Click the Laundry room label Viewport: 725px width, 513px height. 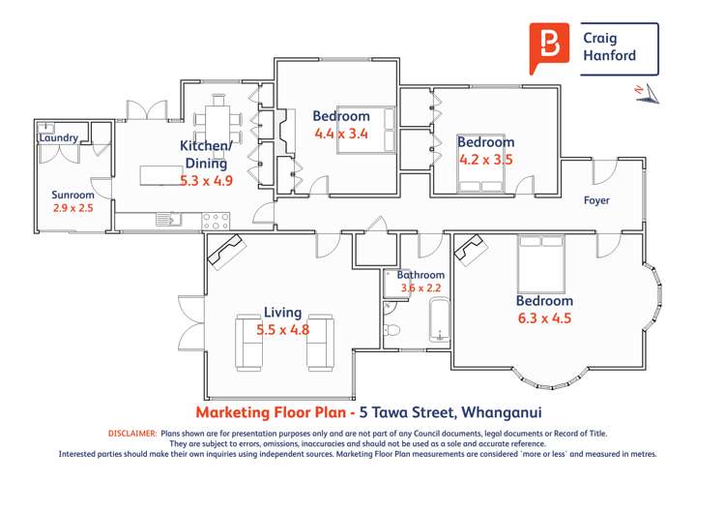click(58, 138)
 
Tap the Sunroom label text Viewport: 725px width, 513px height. click(72, 195)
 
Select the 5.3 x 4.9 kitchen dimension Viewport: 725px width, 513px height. click(206, 180)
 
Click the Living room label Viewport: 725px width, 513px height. click(282, 313)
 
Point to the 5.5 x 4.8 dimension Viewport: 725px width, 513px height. click(282, 330)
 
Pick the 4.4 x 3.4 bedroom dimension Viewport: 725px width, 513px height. click(341, 135)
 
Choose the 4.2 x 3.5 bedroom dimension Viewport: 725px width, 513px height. click(485, 160)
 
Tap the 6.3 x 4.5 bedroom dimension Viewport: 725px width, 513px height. click(544, 318)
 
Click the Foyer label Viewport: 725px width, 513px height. click(596, 201)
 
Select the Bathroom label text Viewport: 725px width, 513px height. click(420, 275)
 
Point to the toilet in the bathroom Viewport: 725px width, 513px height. click(392, 331)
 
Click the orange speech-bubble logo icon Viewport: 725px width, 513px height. click(548, 47)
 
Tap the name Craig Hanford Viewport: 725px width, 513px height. click(609, 46)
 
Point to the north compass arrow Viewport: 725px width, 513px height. click(646, 91)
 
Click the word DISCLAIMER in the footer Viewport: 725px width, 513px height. click(132, 434)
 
